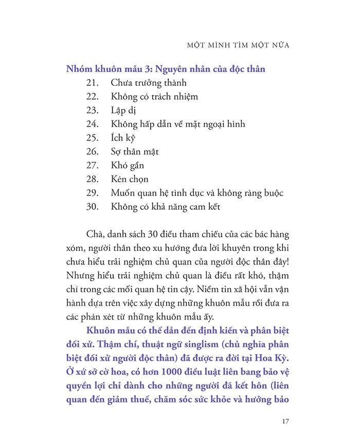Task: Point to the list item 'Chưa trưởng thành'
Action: pos(148,82)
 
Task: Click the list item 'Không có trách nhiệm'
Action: pos(154,96)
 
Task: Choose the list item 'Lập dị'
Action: pos(124,110)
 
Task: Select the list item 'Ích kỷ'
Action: pos(122,138)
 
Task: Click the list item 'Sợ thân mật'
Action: pos(135,152)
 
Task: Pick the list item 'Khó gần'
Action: pos(127,166)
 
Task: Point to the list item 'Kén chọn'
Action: pos(130,179)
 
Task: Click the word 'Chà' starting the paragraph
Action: pos(95,234)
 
